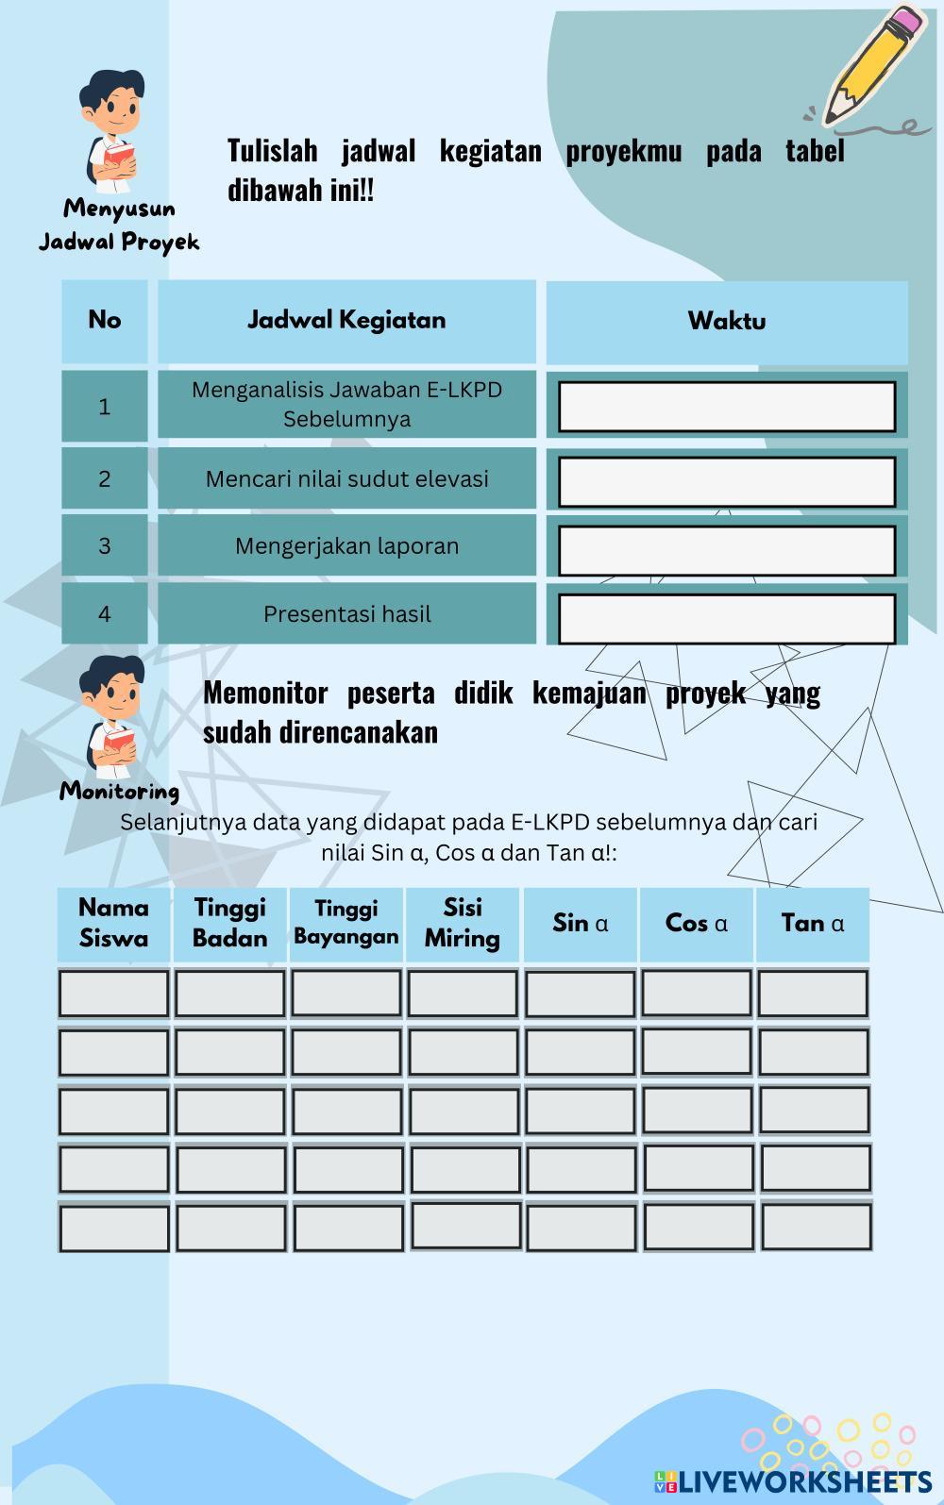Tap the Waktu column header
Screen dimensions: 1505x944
[x=726, y=321]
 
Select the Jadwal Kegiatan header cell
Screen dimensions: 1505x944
[x=346, y=320]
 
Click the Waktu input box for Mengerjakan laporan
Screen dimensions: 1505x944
[x=726, y=551]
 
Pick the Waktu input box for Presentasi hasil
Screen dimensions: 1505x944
[x=726, y=619]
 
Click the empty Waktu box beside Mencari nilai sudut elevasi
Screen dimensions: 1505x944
[x=726, y=482]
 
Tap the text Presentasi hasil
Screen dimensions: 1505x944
[x=346, y=614]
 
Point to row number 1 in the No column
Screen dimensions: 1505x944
[x=105, y=407]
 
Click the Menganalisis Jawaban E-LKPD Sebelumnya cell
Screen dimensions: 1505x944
[x=346, y=404]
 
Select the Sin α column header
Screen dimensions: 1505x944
[x=580, y=923]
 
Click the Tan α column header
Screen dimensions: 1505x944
[x=812, y=923]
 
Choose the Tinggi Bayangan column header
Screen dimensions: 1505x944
[x=346, y=923]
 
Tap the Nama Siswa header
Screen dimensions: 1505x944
[x=113, y=923]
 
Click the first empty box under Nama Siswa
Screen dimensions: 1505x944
[x=113, y=994]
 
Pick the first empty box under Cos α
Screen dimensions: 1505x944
[x=697, y=993]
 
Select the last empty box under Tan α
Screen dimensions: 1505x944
[x=816, y=1227]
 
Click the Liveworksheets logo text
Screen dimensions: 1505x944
[x=802, y=1480]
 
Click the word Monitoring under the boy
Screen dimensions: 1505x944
[x=119, y=791]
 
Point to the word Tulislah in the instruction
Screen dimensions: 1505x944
[x=272, y=151]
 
